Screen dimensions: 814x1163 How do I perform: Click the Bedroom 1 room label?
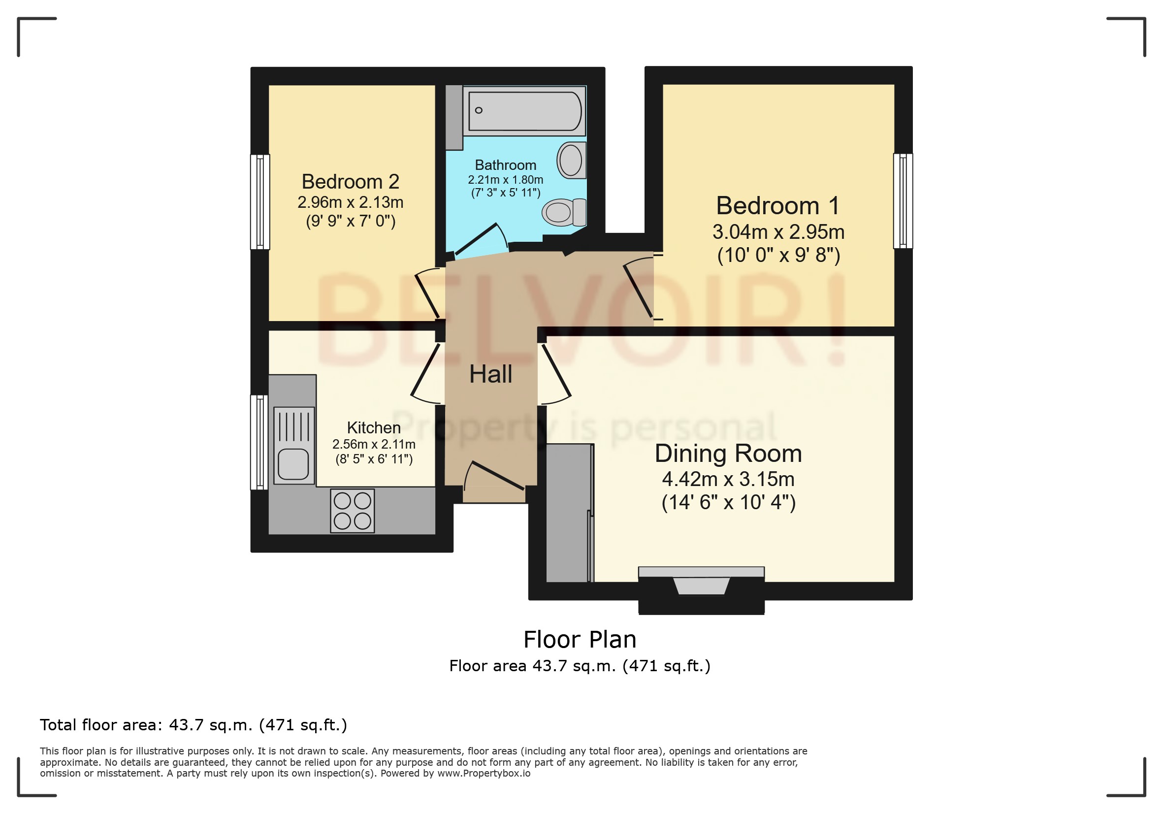point(777,206)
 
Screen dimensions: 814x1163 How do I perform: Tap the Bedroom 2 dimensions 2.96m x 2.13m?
point(350,202)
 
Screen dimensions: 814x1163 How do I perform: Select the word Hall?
point(490,374)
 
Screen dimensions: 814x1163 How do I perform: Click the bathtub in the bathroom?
point(524,111)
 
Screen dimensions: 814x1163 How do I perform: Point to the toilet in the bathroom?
point(563,212)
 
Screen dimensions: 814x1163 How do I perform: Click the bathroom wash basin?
point(571,160)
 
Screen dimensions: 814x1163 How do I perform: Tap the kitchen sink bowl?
point(293,464)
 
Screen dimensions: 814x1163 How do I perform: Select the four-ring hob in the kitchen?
point(352,511)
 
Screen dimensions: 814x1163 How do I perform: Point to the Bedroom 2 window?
point(260,201)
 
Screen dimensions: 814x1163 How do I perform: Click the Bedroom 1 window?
point(902,201)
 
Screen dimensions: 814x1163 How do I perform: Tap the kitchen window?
point(259,442)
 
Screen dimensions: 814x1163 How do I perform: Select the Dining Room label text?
point(728,454)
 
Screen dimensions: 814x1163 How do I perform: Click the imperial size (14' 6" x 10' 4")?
point(728,502)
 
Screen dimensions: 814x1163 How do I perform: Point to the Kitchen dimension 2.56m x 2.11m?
point(373,444)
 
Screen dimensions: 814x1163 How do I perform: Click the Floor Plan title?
point(580,639)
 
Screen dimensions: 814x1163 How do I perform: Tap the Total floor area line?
point(194,725)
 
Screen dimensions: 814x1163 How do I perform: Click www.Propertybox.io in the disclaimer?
point(483,773)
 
